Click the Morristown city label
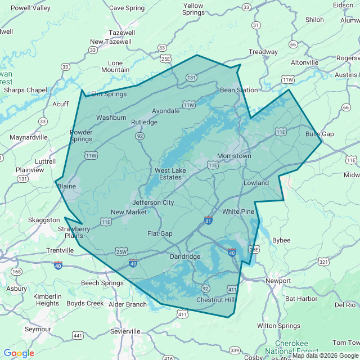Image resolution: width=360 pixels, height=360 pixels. [x=234, y=155]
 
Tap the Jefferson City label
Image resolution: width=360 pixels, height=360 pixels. [x=153, y=202]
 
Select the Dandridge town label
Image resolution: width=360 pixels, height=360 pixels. [x=185, y=256]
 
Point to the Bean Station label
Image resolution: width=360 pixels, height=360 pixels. [x=238, y=90]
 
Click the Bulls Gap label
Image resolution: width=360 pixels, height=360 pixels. [x=319, y=134]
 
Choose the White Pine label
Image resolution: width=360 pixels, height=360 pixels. [x=238, y=211]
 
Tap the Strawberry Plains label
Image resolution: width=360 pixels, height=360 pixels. [x=74, y=233]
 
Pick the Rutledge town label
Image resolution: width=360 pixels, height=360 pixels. [x=145, y=122]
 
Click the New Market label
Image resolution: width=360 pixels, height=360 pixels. [x=128, y=212]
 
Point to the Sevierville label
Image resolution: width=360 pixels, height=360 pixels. [x=125, y=331]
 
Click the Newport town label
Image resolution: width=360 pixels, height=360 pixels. [x=278, y=281]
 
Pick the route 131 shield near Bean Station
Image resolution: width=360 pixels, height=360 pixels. [x=192, y=78]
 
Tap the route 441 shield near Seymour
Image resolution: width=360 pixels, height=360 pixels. [x=78, y=336]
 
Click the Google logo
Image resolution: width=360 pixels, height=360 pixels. [x=19, y=353]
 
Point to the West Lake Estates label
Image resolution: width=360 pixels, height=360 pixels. [x=168, y=174]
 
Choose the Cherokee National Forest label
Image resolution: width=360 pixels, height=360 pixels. [x=292, y=347]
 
